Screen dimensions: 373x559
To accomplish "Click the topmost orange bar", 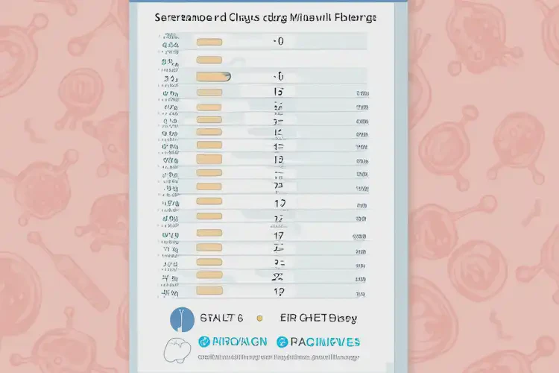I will click(x=209, y=43).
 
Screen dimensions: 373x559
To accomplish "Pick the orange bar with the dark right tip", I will click(x=210, y=76).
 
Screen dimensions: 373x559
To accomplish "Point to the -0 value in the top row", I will click(x=279, y=43).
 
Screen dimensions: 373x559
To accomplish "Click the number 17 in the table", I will click(x=279, y=234).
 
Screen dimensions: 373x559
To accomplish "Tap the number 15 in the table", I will click(x=279, y=93).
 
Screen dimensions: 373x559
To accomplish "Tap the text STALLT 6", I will click(x=221, y=319).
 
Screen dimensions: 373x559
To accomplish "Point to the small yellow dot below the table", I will click(x=259, y=319).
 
